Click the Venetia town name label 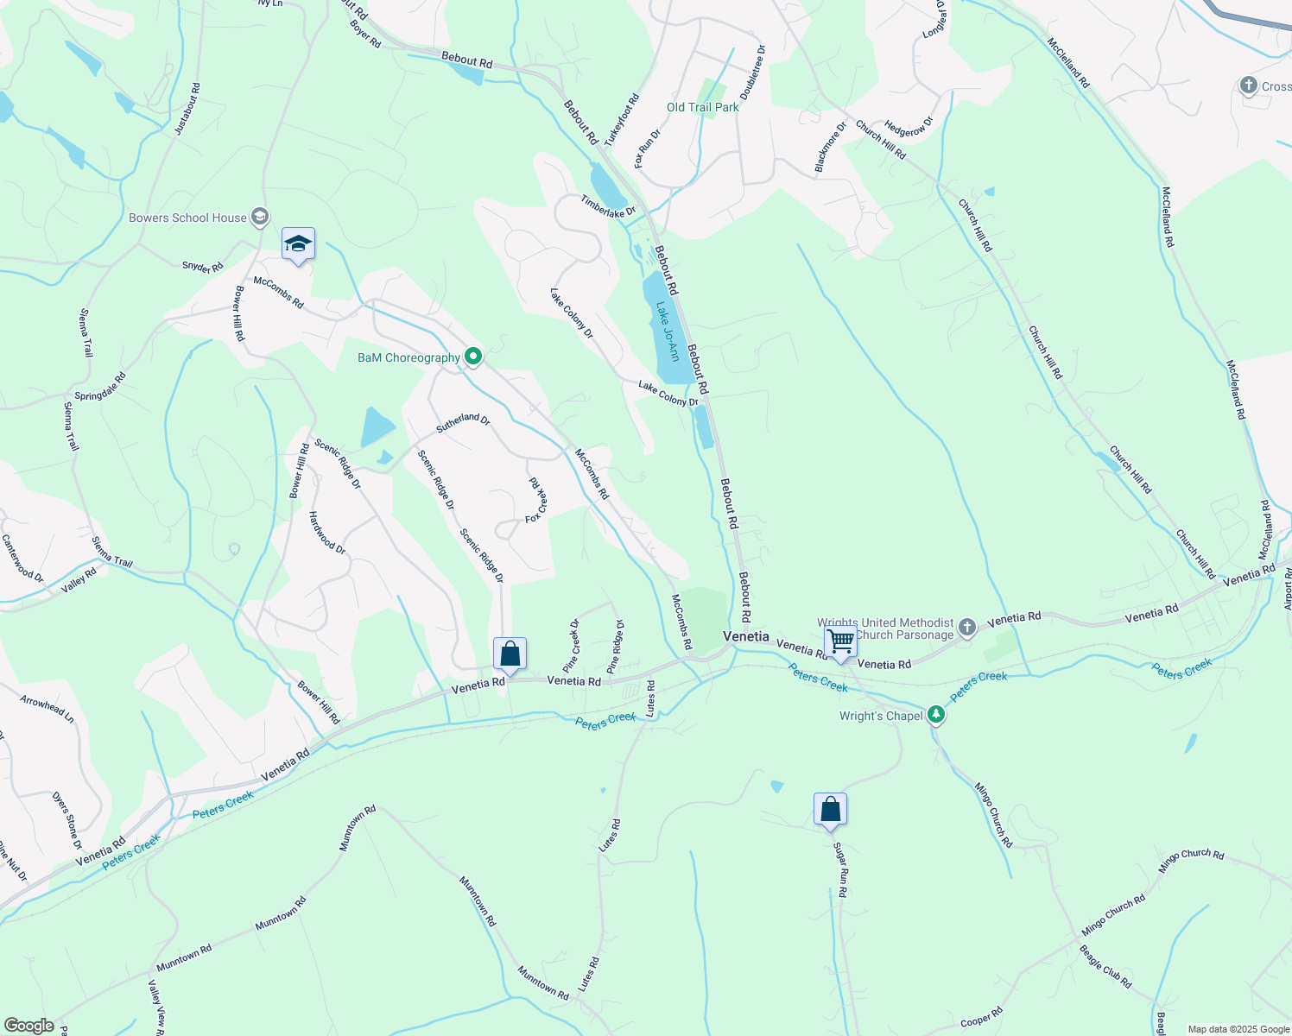point(745,636)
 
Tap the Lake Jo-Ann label point(667,331)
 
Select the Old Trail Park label point(702,107)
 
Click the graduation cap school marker point(298,243)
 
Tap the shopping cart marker point(840,641)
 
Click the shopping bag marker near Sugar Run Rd point(830,810)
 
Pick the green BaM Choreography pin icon point(472,356)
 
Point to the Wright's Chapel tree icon point(936,715)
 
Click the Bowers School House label point(187,218)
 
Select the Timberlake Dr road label point(608,205)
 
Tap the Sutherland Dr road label point(463,422)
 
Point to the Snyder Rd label point(203,267)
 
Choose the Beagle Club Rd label point(1105,966)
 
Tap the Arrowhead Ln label point(47,710)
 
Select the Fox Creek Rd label point(536,501)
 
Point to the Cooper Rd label point(981,1017)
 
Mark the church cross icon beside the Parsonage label point(967,628)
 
